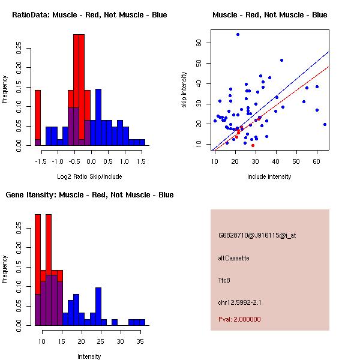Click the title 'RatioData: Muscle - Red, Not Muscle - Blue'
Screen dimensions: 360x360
[x=89, y=15]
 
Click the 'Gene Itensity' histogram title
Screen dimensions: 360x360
[x=89, y=195]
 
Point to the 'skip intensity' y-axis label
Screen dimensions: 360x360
[x=184, y=90]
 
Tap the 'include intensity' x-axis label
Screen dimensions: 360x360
[x=269, y=176]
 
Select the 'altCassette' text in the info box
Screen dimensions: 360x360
[x=233, y=258]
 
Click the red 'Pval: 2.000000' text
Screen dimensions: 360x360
[x=239, y=319]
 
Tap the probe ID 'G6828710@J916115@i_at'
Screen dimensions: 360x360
[x=257, y=235]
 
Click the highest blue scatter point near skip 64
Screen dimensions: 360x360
[x=238, y=35]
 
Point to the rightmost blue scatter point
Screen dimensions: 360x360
[x=325, y=124]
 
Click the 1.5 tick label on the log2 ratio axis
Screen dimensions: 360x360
[x=142, y=162]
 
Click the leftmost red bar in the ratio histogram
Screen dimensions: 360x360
[x=38, y=117]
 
